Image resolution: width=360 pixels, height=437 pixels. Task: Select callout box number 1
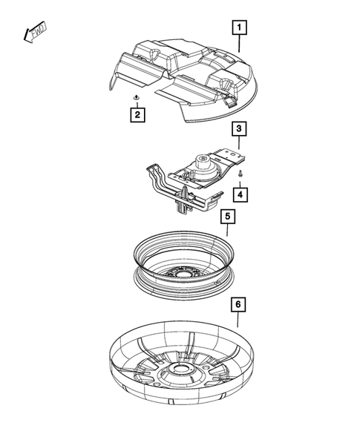tap(238, 29)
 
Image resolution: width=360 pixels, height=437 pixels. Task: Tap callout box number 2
tap(137, 115)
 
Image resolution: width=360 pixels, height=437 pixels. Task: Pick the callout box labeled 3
tap(238, 129)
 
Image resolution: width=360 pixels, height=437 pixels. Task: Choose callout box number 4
tap(239, 194)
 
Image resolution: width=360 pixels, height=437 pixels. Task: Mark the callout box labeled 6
tap(238, 305)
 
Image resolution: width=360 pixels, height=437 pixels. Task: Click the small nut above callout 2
tap(137, 98)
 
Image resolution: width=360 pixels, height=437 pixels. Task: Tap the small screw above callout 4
tap(242, 172)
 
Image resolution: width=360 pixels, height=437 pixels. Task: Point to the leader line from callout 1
tap(238, 44)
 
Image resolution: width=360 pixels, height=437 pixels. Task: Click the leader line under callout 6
tap(238, 321)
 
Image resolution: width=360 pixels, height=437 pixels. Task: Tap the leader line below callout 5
tap(228, 231)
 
